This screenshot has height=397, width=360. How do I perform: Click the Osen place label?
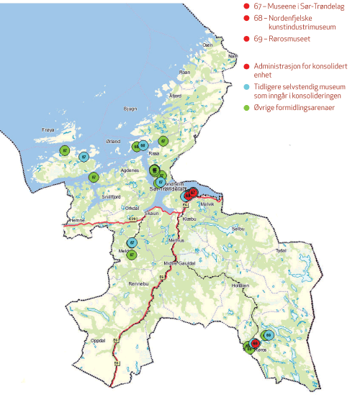coord(208,45)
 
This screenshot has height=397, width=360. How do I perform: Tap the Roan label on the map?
coord(184,72)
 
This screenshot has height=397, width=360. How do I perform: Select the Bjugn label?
coord(130,109)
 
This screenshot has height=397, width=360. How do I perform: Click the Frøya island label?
coord(48,130)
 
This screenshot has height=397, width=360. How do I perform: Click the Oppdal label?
coord(104,339)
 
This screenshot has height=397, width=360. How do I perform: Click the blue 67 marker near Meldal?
coord(132,243)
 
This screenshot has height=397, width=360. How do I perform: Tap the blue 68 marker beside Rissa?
coord(143,145)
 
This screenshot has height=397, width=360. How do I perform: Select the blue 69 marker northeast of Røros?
coord(268,334)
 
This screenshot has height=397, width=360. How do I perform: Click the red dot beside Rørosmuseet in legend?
coord(248,39)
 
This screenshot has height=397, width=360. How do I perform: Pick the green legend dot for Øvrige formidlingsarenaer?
coord(248,106)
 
